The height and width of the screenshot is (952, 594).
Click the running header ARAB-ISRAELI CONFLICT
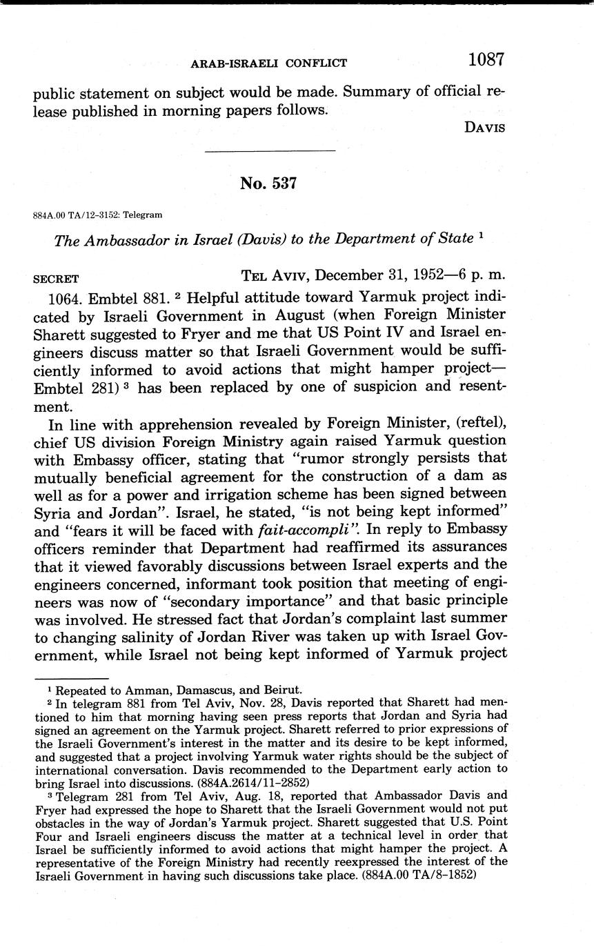coord(268,63)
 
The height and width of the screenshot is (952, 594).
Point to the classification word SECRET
coord(56,279)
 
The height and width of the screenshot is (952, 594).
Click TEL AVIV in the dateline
coord(275,275)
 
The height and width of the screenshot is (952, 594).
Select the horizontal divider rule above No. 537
coord(270,151)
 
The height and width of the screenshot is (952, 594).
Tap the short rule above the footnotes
coord(71,678)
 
